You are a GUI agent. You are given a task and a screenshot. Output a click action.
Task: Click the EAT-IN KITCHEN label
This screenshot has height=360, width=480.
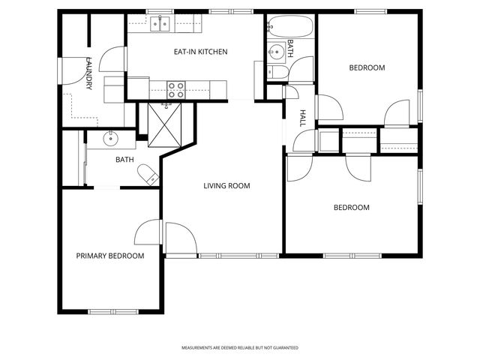tap(196, 52)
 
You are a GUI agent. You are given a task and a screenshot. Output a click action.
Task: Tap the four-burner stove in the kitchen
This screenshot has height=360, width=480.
tap(176, 89)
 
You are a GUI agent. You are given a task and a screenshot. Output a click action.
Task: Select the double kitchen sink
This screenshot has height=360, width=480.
tap(160, 24)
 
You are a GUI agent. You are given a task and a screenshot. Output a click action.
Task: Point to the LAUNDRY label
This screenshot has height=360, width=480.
tap(88, 73)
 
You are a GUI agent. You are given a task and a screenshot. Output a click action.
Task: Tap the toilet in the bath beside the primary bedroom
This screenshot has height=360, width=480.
tap(149, 175)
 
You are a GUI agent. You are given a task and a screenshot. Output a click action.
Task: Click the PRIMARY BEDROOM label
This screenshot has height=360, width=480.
tap(110, 256)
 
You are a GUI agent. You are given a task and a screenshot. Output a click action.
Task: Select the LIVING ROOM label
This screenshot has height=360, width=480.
tap(226, 185)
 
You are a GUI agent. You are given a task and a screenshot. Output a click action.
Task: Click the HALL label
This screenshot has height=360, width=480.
tap(303, 118)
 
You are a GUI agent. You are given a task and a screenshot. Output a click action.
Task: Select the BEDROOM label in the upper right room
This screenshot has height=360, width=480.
tap(367, 67)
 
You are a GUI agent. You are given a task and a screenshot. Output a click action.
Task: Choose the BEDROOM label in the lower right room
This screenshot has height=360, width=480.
tap(351, 207)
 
